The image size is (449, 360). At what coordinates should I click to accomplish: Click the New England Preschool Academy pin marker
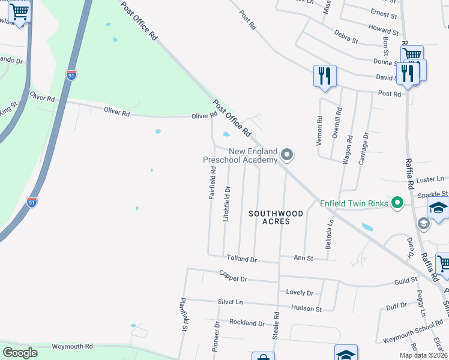[x=287, y=155]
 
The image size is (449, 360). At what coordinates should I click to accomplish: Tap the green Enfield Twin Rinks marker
[x=396, y=203]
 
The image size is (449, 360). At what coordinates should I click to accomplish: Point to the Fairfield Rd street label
[x=212, y=183]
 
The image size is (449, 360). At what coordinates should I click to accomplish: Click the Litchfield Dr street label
[x=227, y=205]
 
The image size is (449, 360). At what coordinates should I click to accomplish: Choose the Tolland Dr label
[x=241, y=259]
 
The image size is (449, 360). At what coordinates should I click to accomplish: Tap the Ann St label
[x=303, y=258]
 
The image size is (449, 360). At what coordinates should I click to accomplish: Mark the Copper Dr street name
[x=233, y=278]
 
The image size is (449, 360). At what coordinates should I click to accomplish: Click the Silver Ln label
[x=230, y=302]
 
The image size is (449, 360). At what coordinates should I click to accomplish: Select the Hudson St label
[x=307, y=308]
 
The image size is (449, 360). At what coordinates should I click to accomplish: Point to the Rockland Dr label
[x=247, y=323]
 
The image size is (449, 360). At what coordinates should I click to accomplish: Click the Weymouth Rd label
[x=72, y=347]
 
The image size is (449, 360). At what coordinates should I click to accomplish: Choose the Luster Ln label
[x=430, y=179]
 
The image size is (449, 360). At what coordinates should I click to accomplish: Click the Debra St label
[x=346, y=37]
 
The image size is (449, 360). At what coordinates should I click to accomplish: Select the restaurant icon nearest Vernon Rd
[x=325, y=76]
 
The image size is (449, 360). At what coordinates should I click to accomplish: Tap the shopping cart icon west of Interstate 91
[x=20, y=12]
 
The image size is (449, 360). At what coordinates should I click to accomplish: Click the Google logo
[x=20, y=353]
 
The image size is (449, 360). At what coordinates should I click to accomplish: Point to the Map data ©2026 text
[x=424, y=355]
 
